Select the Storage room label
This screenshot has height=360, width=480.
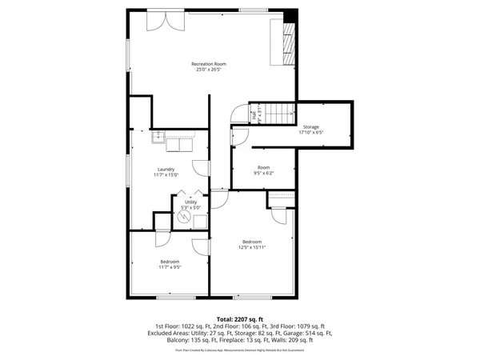coord(310,127)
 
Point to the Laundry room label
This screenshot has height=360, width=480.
coord(166,169)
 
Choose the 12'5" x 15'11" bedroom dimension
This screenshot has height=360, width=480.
coord(252,247)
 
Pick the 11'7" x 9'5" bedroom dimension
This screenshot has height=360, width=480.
coord(169,267)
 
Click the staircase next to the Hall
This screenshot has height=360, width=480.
coord(277,113)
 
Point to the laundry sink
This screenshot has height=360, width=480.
coord(160,137)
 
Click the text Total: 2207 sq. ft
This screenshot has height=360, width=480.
coord(240,318)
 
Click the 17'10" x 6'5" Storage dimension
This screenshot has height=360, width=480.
coord(310,134)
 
